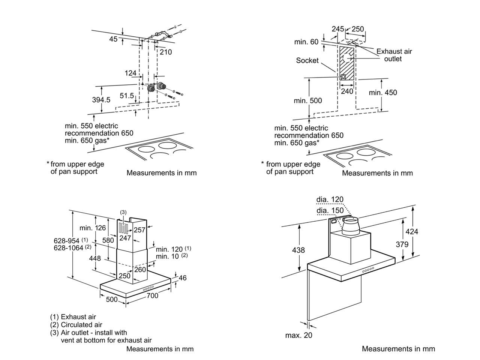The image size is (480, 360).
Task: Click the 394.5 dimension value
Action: pos(101,100)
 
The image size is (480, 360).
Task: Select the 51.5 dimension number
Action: pos(127,96)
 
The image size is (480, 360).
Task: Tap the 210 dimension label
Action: pos(165,52)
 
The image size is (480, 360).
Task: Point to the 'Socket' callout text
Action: pos(307,60)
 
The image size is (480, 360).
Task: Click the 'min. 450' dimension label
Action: pos(382,92)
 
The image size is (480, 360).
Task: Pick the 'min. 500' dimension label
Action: pos(308,100)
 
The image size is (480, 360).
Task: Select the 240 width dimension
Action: pos(347,91)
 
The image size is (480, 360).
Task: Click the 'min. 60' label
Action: pos(306,42)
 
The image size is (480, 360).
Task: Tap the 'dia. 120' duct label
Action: pos(330,199)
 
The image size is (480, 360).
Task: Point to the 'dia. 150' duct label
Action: pos(330,210)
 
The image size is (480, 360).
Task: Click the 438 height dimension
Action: pos(298,250)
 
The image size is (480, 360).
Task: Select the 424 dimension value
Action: pos(412,232)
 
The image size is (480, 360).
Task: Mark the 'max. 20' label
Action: pos(298,335)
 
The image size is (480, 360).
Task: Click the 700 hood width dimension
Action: pos(152,296)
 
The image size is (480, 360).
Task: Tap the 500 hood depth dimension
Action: pos(112,299)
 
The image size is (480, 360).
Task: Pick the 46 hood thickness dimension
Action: pos(183,278)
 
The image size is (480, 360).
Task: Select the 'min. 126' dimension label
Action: pos(93,228)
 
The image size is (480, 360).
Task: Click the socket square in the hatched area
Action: pos(343,77)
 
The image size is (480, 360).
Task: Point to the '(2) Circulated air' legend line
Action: pos(76,325)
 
